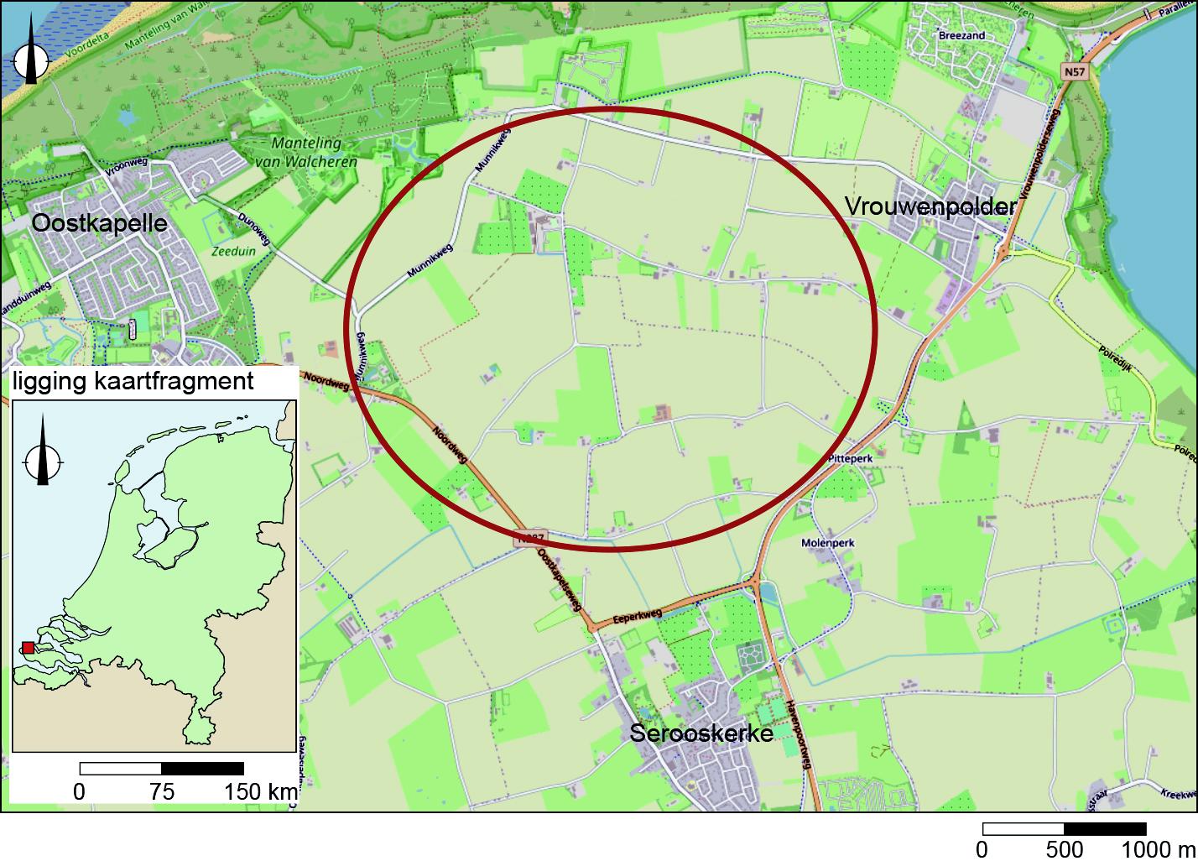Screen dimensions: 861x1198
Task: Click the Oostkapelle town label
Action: [x=99, y=222]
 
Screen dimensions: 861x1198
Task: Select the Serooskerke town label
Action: [x=701, y=734]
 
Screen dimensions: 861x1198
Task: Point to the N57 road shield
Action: [x=1073, y=72]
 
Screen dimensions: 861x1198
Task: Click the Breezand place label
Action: [x=961, y=36]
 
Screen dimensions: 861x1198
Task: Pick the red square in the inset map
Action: [x=28, y=647]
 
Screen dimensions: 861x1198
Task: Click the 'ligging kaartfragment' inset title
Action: [x=133, y=382]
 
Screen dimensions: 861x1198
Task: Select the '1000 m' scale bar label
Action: [x=1157, y=849]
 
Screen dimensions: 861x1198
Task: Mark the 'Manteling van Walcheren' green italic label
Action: [x=314, y=153]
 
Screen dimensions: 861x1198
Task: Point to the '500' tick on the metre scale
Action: [x=1065, y=849]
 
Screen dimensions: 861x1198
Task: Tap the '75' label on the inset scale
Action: [x=161, y=791]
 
